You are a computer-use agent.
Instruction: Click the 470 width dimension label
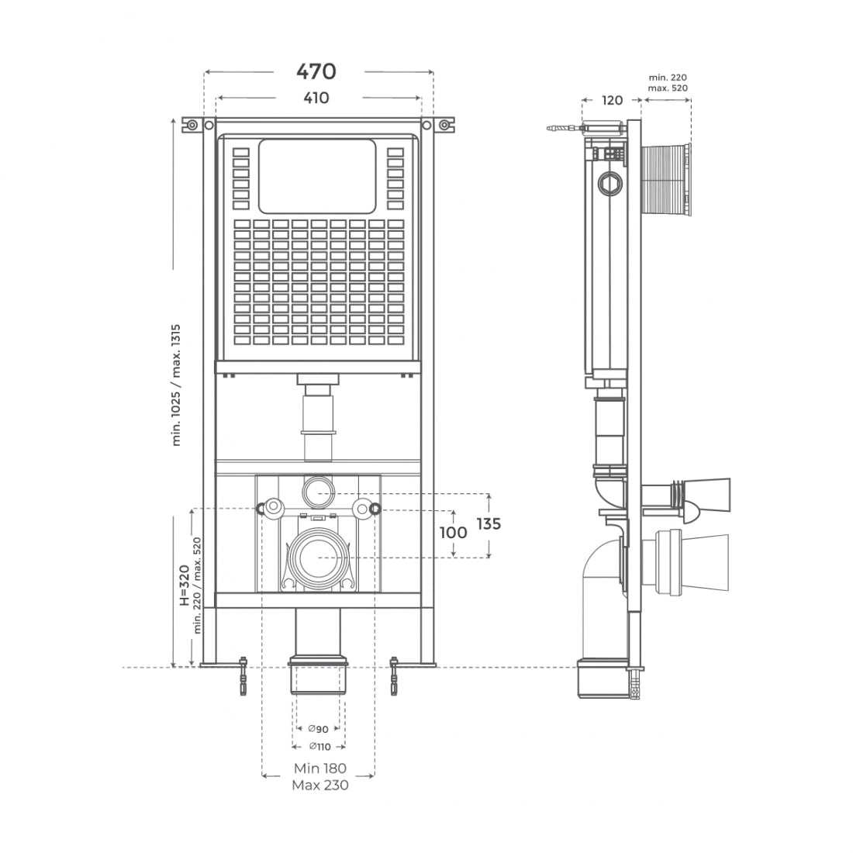coord(316,71)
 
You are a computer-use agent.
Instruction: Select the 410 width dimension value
coord(316,98)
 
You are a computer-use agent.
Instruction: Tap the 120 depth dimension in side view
coord(613,100)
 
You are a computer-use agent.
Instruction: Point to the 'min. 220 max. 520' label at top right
coord(668,82)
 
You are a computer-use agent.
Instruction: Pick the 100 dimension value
coord(454,533)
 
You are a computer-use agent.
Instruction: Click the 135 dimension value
coord(489,524)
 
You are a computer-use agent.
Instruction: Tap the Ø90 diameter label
coord(318,729)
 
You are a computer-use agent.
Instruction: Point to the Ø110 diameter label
coord(318,746)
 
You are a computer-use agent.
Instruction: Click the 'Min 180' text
coord(319,768)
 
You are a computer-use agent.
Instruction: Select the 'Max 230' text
coord(319,785)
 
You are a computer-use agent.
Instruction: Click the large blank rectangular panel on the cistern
coord(316,177)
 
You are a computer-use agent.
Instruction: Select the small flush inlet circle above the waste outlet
coord(317,489)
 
